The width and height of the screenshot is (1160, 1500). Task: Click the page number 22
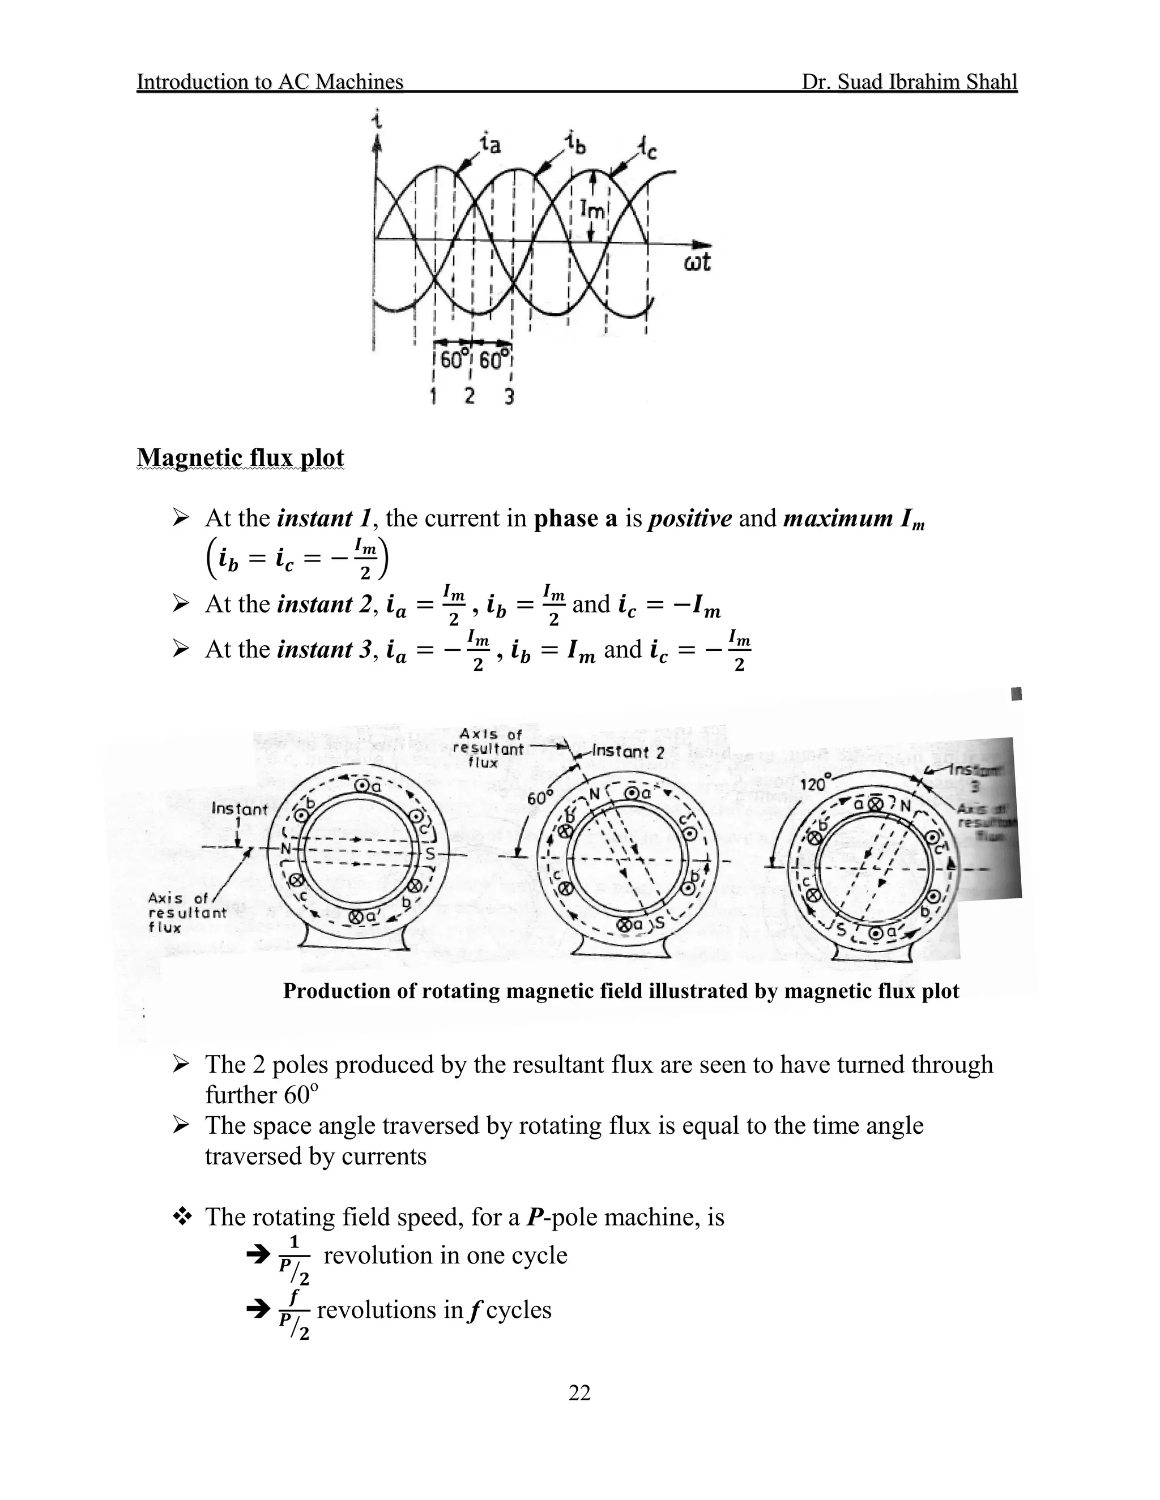pyautogui.click(x=579, y=1392)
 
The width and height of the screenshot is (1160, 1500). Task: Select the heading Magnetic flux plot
pyautogui.click(x=241, y=458)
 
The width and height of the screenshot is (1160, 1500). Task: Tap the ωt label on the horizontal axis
pyautogui.click(x=697, y=263)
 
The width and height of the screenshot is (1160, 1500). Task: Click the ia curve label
pyautogui.click(x=491, y=144)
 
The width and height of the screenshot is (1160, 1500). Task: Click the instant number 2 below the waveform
pyautogui.click(x=470, y=396)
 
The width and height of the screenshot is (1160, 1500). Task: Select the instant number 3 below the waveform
pyautogui.click(x=509, y=396)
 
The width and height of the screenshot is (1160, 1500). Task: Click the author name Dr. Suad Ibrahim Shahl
pyautogui.click(x=909, y=82)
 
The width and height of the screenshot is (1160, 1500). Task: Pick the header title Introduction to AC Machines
pyautogui.click(x=270, y=82)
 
